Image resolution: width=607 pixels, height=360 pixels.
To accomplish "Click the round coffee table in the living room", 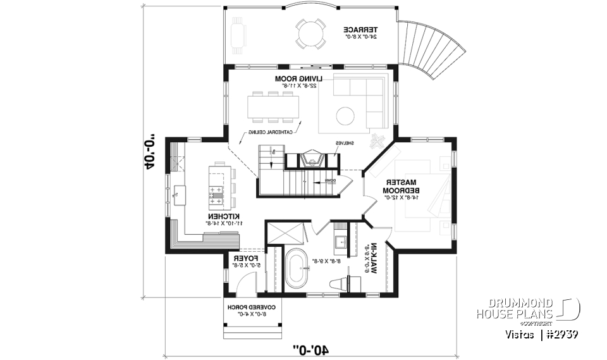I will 345,116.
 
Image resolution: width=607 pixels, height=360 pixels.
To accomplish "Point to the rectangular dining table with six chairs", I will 273,106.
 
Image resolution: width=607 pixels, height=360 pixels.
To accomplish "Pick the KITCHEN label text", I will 224,219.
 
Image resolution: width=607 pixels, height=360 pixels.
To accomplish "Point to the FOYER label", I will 244,261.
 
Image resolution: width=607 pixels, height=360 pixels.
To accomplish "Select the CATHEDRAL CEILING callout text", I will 264,132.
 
